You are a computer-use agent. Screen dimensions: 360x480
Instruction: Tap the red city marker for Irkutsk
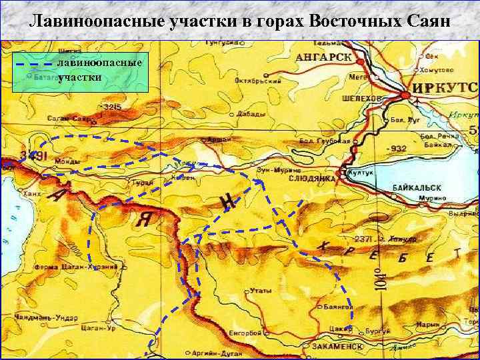(404, 95)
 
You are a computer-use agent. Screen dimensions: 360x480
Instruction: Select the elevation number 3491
(32, 156)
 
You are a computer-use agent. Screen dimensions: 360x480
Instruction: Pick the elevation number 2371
(365, 239)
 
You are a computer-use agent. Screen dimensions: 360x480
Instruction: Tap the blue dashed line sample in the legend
(33, 64)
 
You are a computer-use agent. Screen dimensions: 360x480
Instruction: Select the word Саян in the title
(429, 21)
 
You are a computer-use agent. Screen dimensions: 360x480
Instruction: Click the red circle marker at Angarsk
(361, 58)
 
